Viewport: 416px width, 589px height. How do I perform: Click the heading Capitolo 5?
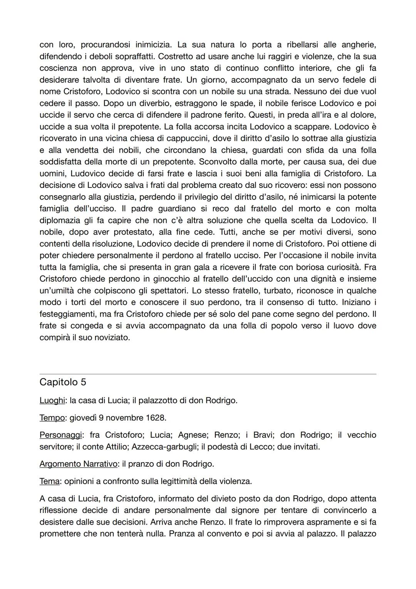pyautogui.click(x=63, y=382)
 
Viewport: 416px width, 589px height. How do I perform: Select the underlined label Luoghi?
pyautogui.click(x=52, y=400)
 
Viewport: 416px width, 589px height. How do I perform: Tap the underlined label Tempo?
pyautogui.click(x=52, y=417)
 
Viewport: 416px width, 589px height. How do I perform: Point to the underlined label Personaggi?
pyautogui.click(x=61, y=435)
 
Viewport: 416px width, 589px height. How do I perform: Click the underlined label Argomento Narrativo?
pyautogui.click(x=78, y=464)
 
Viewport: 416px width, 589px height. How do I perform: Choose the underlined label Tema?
pyautogui.click(x=49, y=481)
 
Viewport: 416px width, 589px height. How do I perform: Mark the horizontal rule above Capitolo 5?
pyautogui.click(x=208, y=374)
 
